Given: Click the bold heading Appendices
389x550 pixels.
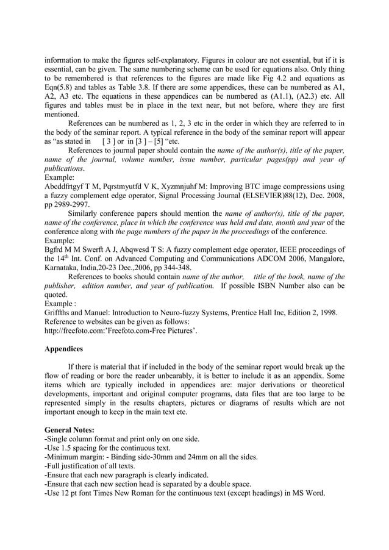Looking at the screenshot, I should [x=66, y=349].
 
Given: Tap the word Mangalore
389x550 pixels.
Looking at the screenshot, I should [x=322, y=258].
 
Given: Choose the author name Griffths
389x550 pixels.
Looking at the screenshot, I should [x=60, y=312].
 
